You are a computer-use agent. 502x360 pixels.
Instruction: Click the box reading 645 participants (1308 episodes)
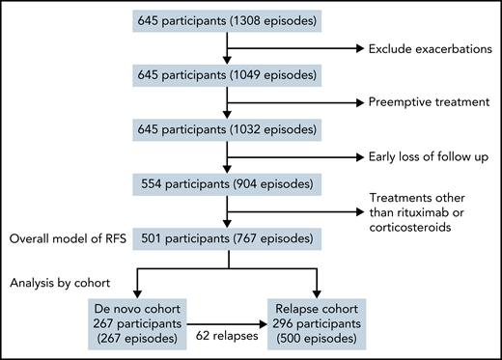[225, 21]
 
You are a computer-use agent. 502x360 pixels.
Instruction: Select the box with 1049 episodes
[225, 73]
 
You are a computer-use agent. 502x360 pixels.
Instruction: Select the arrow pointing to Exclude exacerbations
[290, 47]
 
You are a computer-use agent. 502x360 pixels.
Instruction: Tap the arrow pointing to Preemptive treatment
[290, 99]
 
